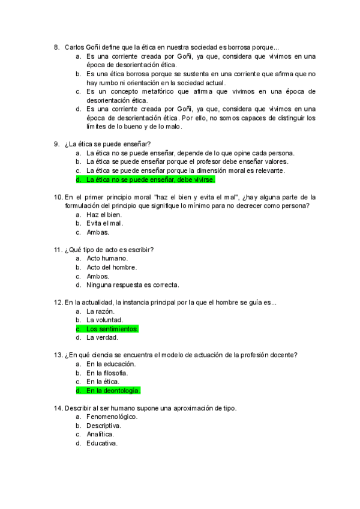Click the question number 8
[56, 47]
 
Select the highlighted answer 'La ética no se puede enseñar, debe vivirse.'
[150, 179]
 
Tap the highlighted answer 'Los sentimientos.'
[112, 329]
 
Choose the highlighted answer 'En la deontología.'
[113, 391]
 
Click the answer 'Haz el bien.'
[104, 215]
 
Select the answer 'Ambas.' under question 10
[98, 232]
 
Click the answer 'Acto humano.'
[107, 259]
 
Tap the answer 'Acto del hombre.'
[112, 268]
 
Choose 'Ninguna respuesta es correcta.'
[133, 285]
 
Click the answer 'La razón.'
[100, 312]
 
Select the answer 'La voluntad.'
[105, 321]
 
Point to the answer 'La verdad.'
[103, 338]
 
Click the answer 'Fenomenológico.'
[112, 417]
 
